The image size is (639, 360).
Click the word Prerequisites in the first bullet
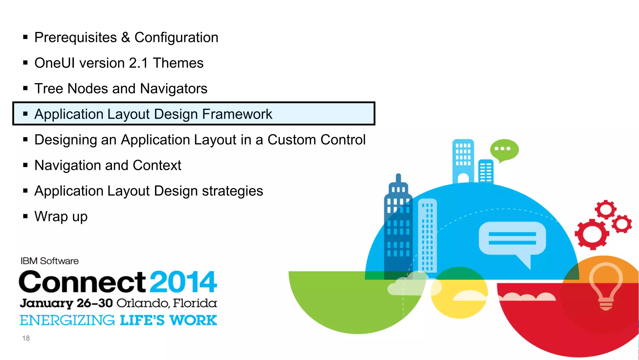click(x=76, y=37)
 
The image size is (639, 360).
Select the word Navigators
click(x=173, y=89)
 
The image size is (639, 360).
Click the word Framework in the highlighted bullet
click(x=237, y=114)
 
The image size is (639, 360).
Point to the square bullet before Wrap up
click(x=26, y=216)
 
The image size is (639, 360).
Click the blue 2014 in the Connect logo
click(x=183, y=282)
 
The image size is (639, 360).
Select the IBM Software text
click(x=50, y=261)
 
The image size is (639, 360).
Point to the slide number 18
click(x=26, y=338)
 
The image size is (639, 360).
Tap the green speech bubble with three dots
click(x=504, y=149)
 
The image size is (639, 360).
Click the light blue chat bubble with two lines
click(x=512, y=239)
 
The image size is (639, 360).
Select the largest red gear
click(x=592, y=234)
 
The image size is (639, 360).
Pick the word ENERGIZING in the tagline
click(x=67, y=320)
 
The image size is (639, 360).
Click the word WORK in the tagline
click(x=193, y=320)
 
